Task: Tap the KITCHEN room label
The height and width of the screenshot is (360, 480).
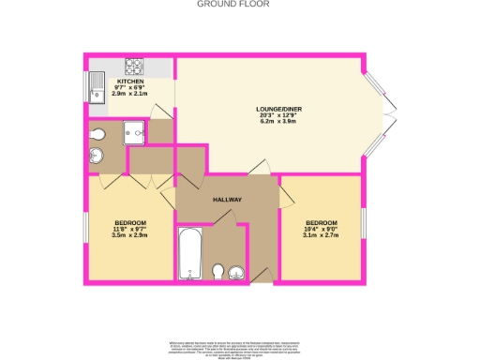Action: point(130,82)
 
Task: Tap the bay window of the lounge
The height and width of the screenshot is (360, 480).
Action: point(379,113)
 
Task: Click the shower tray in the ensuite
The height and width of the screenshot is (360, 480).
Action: point(133,133)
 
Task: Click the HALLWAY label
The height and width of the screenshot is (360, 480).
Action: point(228,199)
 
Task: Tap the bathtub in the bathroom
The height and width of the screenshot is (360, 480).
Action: point(190,253)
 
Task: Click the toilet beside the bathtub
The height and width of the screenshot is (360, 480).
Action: point(217,273)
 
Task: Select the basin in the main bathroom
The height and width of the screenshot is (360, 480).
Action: point(236,274)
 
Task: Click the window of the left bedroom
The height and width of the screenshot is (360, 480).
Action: point(87,225)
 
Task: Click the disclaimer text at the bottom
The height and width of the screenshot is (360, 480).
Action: point(239,348)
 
